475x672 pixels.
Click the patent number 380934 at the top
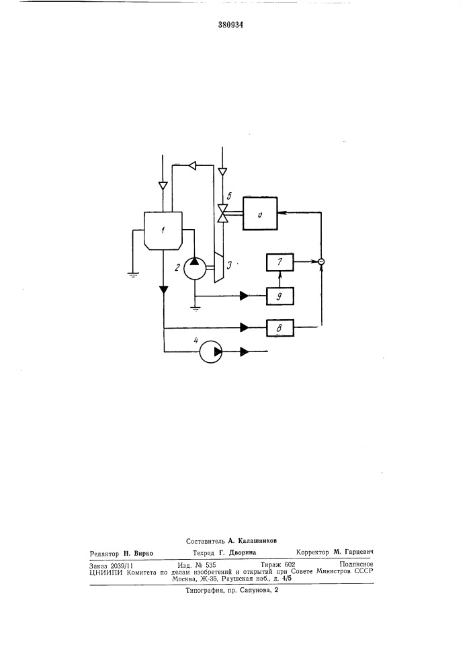(x=231, y=25)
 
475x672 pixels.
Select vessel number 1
(x=163, y=230)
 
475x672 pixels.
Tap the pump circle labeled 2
(x=196, y=268)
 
